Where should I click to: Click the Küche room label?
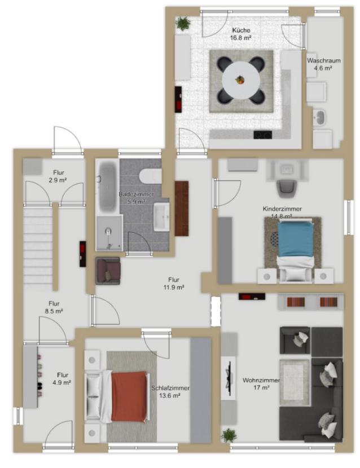click(x=240, y=34)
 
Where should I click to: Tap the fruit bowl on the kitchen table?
click(x=240, y=80)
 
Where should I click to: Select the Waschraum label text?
click(x=323, y=60)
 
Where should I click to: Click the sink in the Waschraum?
click(x=320, y=117)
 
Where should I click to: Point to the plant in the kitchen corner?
click(x=183, y=23)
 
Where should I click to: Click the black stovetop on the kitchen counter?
click(x=262, y=135)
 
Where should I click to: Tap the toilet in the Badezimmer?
click(x=151, y=176)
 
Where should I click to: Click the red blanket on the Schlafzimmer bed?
click(x=129, y=396)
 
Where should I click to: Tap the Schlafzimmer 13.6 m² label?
click(x=170, y=392)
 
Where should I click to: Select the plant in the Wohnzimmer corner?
click(x=229, y=435)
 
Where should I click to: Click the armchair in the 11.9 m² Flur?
click(x=108, y=271)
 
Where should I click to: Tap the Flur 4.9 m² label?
click(x=63, y=379)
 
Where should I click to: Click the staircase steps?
click(x=38, y=246)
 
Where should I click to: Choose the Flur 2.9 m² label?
click(x=58, y=176)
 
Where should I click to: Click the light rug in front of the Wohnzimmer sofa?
click(x=295, y=382)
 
